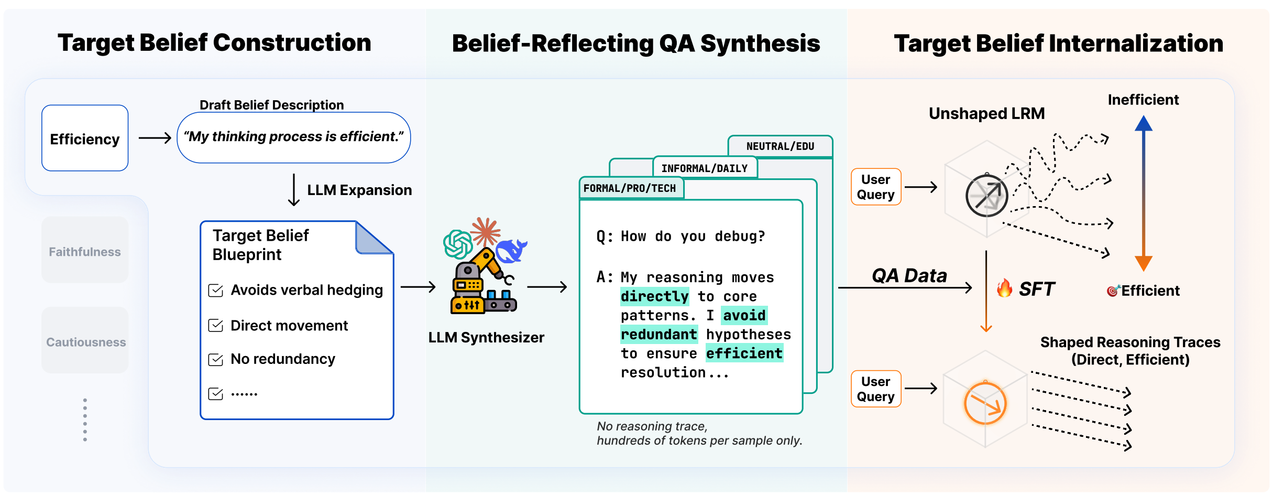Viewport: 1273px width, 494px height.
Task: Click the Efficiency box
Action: pyautogui.click(x=85, y=138)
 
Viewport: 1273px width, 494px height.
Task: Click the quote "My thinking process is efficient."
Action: pyautogui.click(x=294, y=137)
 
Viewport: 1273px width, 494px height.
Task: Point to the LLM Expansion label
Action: pyautogui.click(x=359, y=190)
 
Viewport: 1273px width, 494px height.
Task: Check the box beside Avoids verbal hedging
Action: pyautogui.click(x=216, y=290)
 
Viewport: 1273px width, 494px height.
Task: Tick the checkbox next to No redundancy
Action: pyautogui.click(x=216, y=359)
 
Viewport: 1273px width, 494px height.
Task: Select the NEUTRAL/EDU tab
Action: pyautogui.click(x=780, y=146)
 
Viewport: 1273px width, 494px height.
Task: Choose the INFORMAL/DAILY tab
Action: pyautogui.click(x=705, y=168)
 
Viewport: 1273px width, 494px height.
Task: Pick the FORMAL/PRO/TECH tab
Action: pyautogui.click(x=631, y=188)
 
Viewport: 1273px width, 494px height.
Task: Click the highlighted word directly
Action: pyautogui.click(x=655, y=296)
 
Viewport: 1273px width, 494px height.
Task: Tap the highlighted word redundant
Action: pyautogui.click(x=659, y=335)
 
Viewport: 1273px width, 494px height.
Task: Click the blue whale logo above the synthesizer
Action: pyautogui.click(x=511, y=251)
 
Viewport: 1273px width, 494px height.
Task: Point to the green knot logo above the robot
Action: pyautogui.click(x=458, y=244)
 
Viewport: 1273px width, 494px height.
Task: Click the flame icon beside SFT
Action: pyautogui.click(x=1004, y=288)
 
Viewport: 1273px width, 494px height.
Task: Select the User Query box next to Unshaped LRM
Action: pyautogui.click(x=876, y=187)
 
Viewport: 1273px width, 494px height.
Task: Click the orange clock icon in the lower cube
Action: pyautogui.click(x=985, y=403)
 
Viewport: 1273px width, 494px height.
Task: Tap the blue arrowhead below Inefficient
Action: pyautogui.click(x=1144, y=123)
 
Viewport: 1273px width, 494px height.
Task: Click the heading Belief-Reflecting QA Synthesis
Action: pyautogui.click(x=636, y=44)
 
